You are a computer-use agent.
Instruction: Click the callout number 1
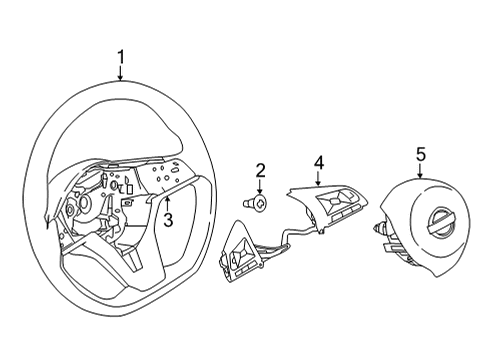[121, 58]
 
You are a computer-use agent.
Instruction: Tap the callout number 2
[259, 170]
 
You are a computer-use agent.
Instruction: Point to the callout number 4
[317, 161]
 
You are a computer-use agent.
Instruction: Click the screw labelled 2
[257, 203]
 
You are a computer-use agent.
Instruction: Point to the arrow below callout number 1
[121, 75]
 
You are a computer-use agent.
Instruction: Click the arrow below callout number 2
[259, 186]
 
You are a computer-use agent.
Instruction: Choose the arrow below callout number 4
[317, 178]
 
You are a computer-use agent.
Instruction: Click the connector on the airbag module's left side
[382, 229]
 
